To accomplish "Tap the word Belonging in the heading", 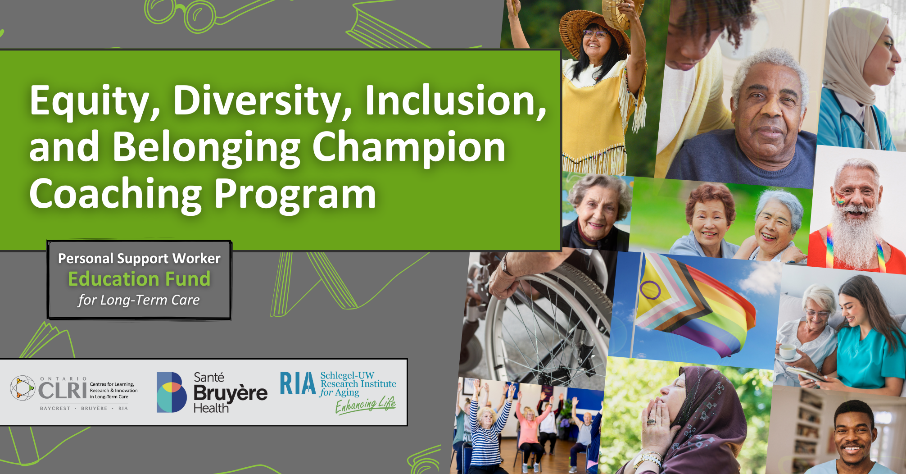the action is [x=207, y=148].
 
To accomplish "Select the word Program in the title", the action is [x=295, y=195].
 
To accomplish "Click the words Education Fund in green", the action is [x=139, y=279].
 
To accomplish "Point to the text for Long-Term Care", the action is [x=139, y=300].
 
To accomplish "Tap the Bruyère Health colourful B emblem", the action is [x=172, y=392].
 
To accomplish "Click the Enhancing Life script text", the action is [x=366, y=405].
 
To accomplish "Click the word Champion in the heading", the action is [x=409, y=148].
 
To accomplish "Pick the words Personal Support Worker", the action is [x=139, y=259].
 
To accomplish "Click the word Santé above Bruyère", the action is [x=209, y=377].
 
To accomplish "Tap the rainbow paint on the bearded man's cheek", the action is [x=840, y=198].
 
